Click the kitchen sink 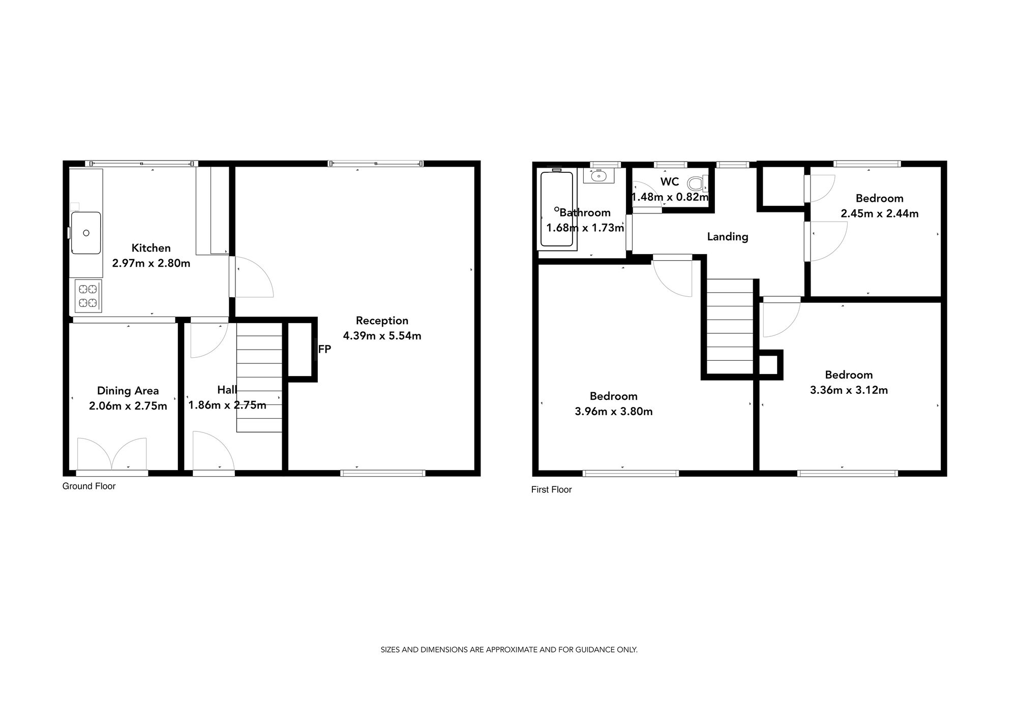click(86, 233)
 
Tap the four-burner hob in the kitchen click(87, 296)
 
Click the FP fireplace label click(324, 349)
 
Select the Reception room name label click(382, 321)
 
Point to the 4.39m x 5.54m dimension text click(382, 336)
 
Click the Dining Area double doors click(112, 454)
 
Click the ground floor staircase click(259, 377)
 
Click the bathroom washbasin click(599, 176)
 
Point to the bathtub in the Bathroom click(557, 209)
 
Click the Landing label click(727, 237)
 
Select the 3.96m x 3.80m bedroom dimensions click(613, 412)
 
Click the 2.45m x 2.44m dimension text click(879, 214)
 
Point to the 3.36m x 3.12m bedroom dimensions click(848, 390)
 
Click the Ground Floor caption click(89, 486)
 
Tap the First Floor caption click(551, 490)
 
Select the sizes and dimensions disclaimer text click(508, 650)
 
